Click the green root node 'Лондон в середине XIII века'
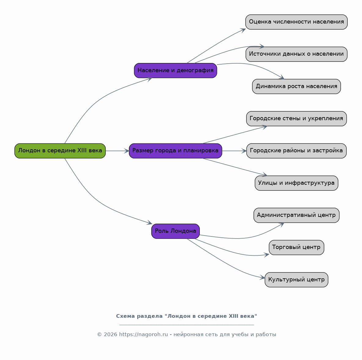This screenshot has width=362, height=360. click(60, 151)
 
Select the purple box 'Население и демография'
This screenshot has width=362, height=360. click(175, 71)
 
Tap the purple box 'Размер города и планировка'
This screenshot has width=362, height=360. click(175, 151)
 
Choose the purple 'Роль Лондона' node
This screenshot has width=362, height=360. click(175, 231)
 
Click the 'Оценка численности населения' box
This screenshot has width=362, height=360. click(296, 22)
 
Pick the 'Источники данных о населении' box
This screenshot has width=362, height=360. click(296, 54)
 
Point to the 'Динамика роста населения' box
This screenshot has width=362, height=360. click(296, 87)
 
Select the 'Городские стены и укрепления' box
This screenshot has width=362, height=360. click(296, 119)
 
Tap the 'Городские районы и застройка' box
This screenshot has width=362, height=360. click(296, 151)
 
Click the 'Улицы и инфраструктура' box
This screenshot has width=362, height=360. click(296, 183)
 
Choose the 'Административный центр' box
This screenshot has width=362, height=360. click(296, 215)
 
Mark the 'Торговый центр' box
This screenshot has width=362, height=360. click(296, 247)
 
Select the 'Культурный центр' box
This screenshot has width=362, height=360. click(296, 280)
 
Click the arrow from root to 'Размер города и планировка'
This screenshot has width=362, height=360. click(117, 151)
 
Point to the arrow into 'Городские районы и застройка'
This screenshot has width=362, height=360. click(234, 151)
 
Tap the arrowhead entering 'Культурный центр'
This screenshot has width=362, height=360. click(262, 277)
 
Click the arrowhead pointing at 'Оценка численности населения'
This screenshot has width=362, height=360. click(243, 30)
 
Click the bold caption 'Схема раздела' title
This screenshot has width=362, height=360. click(187, 316)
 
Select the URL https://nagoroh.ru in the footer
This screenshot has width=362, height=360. click(143, 334)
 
